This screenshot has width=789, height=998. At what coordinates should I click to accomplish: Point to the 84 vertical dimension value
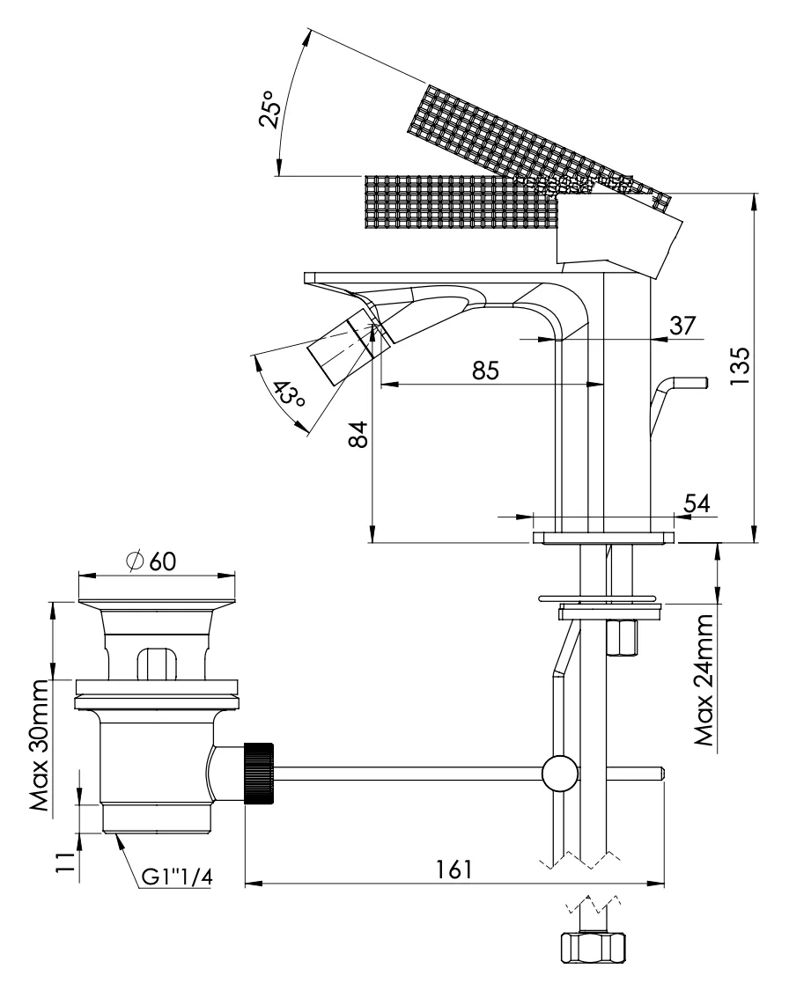tap(358, 435)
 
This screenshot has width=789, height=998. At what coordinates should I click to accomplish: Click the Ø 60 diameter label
tap(151, 561)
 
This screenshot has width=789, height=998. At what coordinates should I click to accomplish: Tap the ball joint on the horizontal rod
tap(560, 774)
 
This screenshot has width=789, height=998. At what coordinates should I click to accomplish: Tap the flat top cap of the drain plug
tap(159, 603)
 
